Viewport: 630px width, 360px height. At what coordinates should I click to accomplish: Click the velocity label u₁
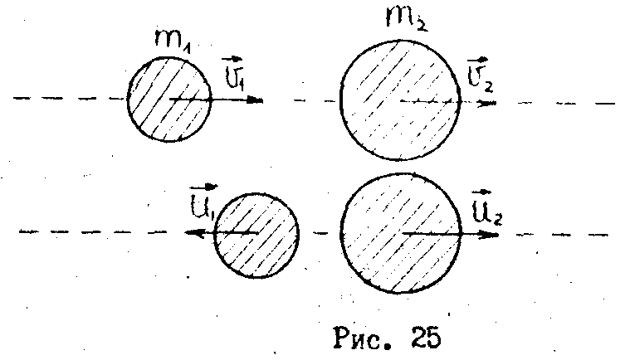(x=203, y=203)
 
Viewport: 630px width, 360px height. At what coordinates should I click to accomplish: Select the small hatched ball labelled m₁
(x=168, y=100)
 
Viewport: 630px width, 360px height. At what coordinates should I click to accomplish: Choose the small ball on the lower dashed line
(x=256, y=233)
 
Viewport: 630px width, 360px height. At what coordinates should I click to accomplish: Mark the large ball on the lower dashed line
(x=402, y=233)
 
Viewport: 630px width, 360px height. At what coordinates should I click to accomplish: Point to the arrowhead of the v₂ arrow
(x=491, y=103)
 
